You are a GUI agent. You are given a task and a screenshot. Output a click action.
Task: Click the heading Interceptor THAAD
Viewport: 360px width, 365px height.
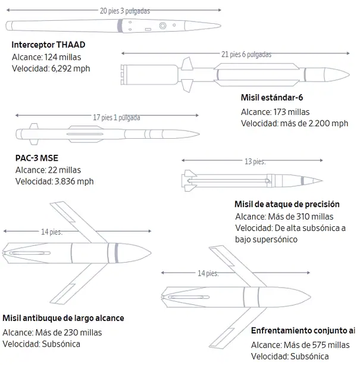(x=48, y=45)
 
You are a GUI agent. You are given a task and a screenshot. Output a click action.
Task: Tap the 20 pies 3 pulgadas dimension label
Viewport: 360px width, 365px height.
(x=125, y=11)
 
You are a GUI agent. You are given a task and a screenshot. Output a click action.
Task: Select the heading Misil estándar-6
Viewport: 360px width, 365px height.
(x=272, y=97)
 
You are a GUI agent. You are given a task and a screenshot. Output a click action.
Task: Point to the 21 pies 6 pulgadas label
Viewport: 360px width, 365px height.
(x=246, y=54)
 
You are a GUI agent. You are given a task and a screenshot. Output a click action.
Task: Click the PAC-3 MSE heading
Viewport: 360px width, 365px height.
(x=37, y=158)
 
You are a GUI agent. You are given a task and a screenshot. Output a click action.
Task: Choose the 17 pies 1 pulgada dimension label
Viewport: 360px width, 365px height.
(x=117, y=117)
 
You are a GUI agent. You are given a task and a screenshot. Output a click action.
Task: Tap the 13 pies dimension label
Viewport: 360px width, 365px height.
(x=255, y=161)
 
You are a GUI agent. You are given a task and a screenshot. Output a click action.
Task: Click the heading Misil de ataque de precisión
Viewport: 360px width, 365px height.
(x=287, y=204)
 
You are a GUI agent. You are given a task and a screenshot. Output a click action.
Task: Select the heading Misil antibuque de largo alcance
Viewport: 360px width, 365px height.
(x=63, y=318)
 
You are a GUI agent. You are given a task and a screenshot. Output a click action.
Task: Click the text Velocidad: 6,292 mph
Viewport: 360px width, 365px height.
(x=51, y=68)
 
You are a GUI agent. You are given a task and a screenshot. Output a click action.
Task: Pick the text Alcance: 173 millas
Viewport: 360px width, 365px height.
(x=275, y=112)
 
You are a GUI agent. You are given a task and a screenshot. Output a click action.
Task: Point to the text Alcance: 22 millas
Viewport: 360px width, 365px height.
(x=48, y=170)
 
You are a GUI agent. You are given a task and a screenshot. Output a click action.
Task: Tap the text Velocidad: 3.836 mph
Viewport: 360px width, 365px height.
(x=55, y=182)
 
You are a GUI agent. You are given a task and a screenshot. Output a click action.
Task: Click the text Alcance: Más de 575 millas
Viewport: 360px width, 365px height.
(x=300, y=345)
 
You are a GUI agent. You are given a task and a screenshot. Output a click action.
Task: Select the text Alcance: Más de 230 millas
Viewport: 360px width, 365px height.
(x=52, y=333)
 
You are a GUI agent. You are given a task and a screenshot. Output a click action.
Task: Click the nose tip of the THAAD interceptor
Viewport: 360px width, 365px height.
(x=221, y=26)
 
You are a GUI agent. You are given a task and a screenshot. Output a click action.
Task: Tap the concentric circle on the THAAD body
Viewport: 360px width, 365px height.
(x=162, y=26)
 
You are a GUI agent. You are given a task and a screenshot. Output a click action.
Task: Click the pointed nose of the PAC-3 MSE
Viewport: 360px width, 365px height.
(x=199, y=134)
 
